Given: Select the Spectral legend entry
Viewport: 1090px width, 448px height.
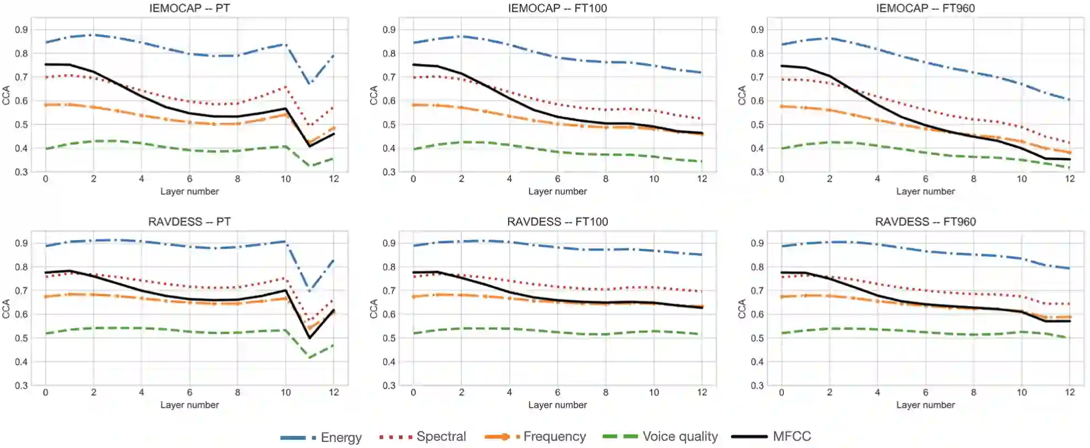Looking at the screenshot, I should [422, 437].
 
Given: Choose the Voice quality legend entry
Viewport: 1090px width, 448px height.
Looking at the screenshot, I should [660, 437].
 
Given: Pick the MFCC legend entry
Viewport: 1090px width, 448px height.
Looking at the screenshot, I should [771, 437].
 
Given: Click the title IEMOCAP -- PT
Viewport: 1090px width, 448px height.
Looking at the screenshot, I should [189, 8].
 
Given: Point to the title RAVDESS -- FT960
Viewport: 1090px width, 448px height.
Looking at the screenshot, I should [925, 222].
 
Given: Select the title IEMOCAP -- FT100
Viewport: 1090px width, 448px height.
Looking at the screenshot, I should [557, 8].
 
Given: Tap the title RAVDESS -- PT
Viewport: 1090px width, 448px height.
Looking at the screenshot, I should [189, 222].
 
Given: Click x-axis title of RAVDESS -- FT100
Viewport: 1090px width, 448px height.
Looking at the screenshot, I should [557, 405].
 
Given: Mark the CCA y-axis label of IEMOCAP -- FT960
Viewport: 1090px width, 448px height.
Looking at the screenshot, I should [742, 95].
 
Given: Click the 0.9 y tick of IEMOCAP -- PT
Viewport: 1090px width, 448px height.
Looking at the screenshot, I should [21, 30].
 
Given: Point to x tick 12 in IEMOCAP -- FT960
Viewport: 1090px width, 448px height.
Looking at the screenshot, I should [1070, 179].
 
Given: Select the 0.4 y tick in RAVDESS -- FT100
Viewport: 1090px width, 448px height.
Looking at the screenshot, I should [389, 362].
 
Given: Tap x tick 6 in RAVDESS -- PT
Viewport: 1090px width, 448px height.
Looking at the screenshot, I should [189, 392].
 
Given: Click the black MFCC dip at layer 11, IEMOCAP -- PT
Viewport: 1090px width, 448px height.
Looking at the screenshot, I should [310, 146].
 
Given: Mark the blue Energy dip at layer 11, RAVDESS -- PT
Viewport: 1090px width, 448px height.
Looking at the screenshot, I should [310, 290].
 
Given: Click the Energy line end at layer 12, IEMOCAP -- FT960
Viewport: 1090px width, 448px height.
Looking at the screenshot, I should [1069, 100].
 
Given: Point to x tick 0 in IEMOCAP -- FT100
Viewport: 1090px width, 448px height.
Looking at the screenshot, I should [413, 179].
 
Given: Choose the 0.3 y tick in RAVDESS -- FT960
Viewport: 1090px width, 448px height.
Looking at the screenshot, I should [757, 386].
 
